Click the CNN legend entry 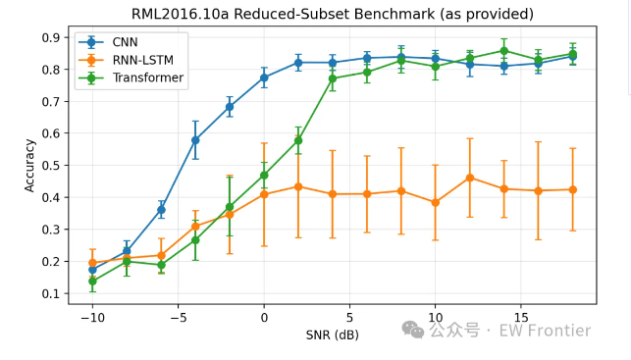click(x=108, y=42)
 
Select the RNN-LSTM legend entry click(x=126, y=60)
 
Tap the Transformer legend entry click(x=131, y=77)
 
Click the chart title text click(x=333, y=14)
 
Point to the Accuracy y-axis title click(x=29, y=166)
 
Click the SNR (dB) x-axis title click(x=333, y=334)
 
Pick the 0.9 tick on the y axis click(x=50, y=38)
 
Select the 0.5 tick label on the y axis click(x=50, y=166)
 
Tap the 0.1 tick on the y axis click(x=50, y=293)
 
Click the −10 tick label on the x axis click(x=92, y=318)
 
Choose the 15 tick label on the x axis click(x=521, y=318)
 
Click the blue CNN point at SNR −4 click(x=195, y=140)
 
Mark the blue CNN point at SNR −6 click(x=161, y=210)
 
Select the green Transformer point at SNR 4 click(x=333, y=78)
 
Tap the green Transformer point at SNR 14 click(x=503, y=51)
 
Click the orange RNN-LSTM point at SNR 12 click(x=470, y=178)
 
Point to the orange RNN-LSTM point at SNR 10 click(x=435, y=203)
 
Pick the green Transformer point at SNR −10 click(x=92, y=281)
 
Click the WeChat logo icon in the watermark click(x=413, y=331)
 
